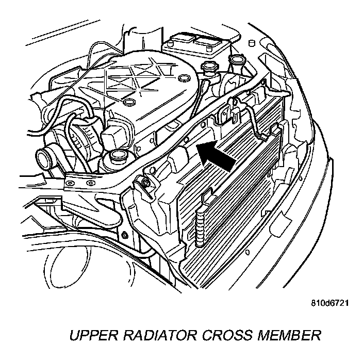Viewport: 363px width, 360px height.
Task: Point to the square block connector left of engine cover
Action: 114,136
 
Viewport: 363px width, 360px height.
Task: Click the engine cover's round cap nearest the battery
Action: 182,77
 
